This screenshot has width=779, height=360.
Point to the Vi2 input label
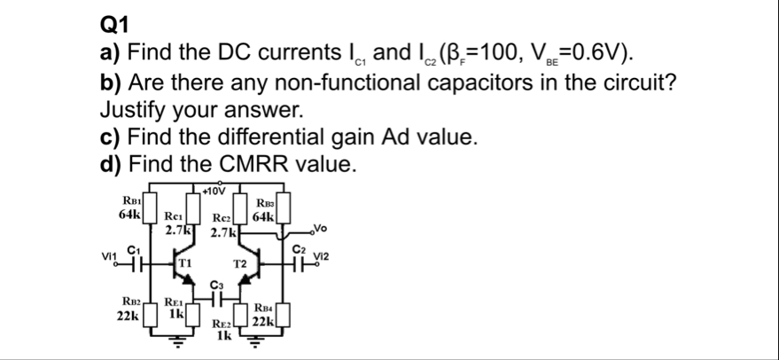323,255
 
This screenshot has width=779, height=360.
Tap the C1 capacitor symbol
136,263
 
